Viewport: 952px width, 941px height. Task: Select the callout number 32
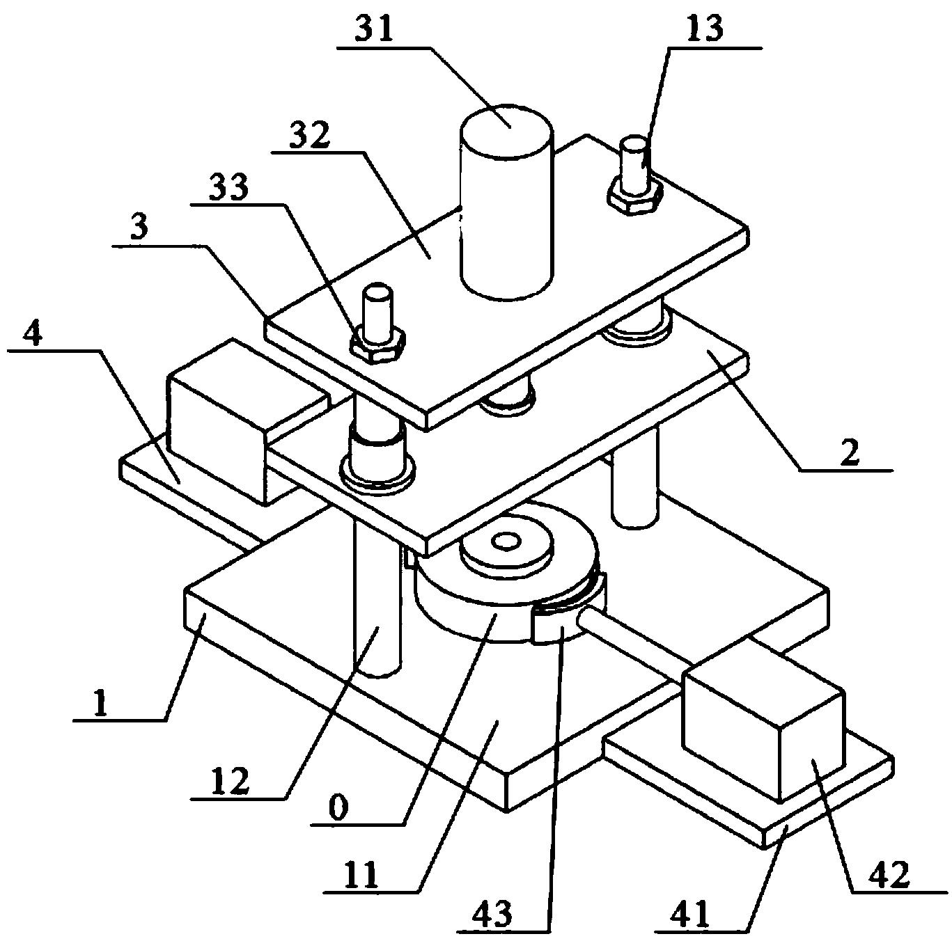click(x=309, y=134)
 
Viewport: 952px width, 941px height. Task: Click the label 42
click(x=888, y=873)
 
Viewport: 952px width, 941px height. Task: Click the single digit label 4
click(x=33, y=333)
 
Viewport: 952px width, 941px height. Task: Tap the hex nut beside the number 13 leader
click(x=633, y=196)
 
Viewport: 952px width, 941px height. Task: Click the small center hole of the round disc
click(x=505, y=542)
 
